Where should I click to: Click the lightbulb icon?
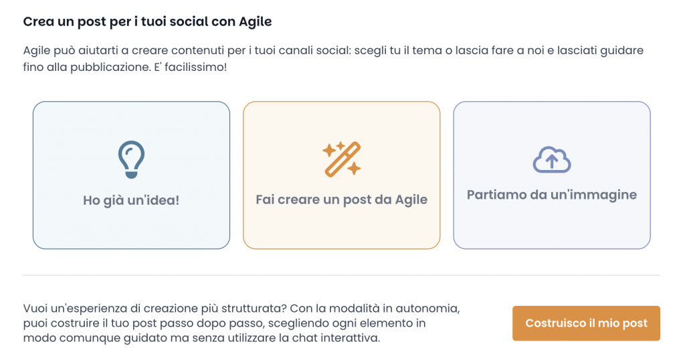131,159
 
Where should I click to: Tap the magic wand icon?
342,159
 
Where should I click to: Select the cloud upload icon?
552,160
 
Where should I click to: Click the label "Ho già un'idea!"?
131,201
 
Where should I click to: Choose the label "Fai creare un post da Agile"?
342,199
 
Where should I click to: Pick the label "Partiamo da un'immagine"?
552,195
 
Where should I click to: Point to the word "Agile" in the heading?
256,22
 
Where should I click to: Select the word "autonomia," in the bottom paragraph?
427,308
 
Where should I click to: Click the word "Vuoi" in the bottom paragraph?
35,308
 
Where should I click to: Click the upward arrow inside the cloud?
552,161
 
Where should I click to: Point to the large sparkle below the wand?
354,168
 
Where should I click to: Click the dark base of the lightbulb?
131,175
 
